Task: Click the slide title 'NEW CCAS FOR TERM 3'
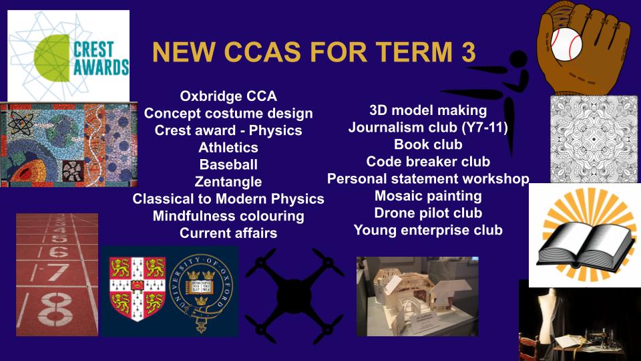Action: pyautogui.click(x=314, y=52)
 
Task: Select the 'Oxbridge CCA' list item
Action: pyautogui.click(x=228, y=96)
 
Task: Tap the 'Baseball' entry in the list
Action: pyautogui.click(x=228, y=164)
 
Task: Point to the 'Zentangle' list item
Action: pyautogui.click(x=228, y=182)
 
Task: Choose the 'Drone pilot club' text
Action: pyautogui.click(x=428, y=213)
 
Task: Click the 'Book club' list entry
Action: pyautogui.click(x=428, y=144)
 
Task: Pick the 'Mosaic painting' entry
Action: pyautogui.click(x=428, y=196)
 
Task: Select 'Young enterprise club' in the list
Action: pyautogui.click(x=428, y=230)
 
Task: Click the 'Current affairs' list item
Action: pyautogui.click(x=228, y=233)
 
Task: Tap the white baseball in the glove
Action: pyautogui.click(x=566, y=43)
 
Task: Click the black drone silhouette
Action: pyautogui.click(x=294, y=295)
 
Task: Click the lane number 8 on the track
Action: pyautogui.click(x=55, y=310)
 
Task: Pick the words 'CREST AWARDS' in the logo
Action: pyautogui.click(x=101, y=59)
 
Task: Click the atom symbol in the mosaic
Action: pyautogui.click(x=19, y=122)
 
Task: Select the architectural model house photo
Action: pyautogui.click(x=417, y=296)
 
